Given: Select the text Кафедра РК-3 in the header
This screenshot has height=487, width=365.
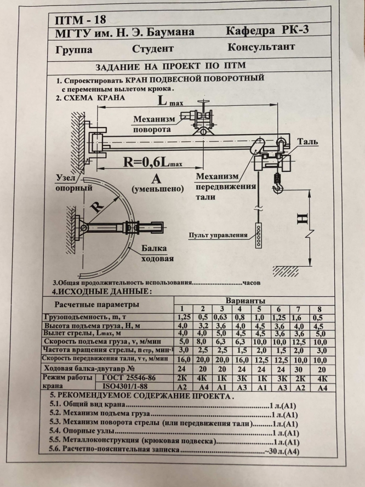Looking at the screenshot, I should [x=267, y=30].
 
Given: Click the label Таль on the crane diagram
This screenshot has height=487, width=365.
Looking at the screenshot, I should [x=307, y=141].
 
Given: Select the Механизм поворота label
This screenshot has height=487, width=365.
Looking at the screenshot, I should [x=155, y=124].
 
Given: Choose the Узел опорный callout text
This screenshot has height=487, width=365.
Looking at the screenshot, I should [x=76, y=184].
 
